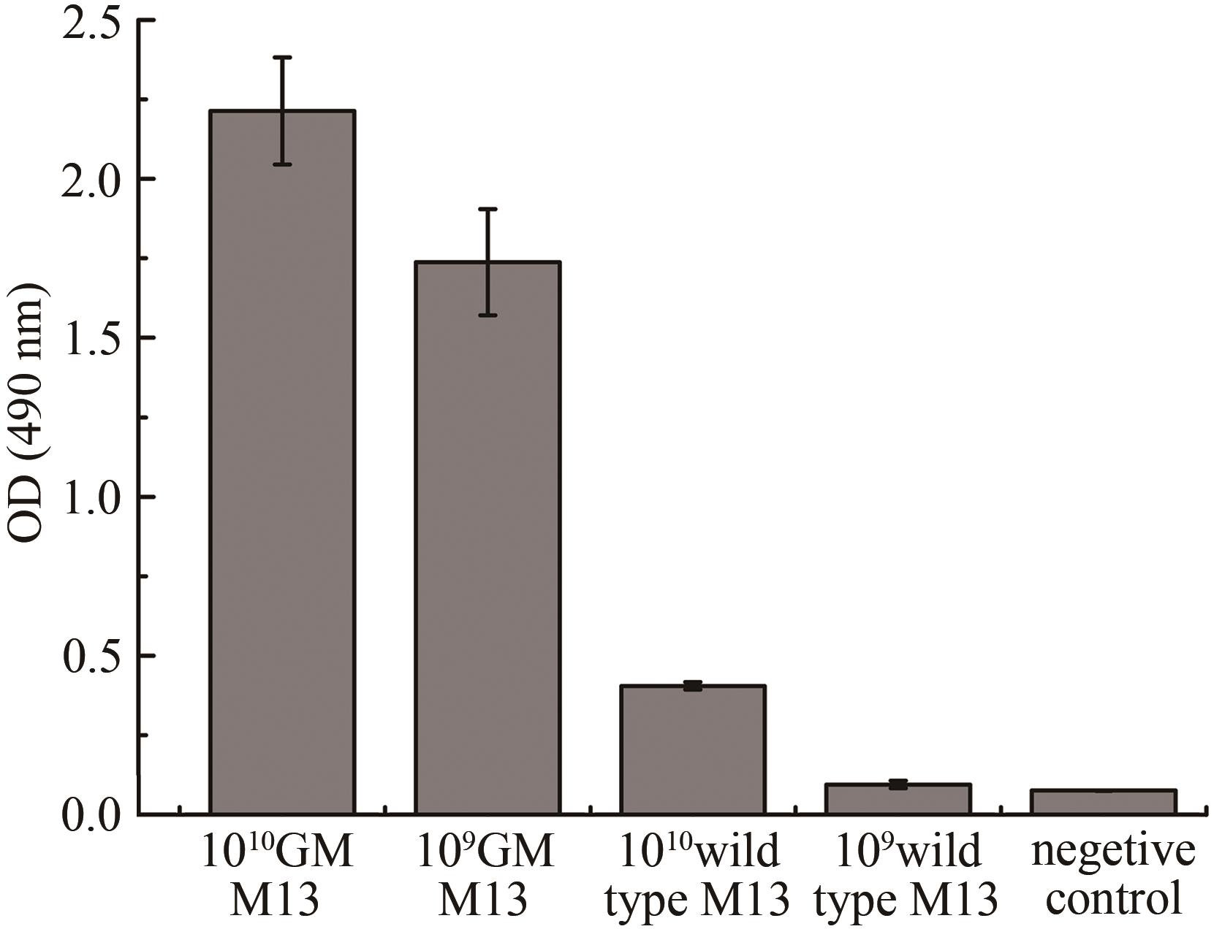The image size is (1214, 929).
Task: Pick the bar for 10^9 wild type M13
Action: (x=898, y=799)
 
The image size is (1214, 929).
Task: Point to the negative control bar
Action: (x=1104, y=802)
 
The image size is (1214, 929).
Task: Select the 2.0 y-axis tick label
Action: (x=91, y=181)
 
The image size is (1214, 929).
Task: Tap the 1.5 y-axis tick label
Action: (x=91, y=340)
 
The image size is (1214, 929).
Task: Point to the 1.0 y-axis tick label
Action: (x=91, y=499)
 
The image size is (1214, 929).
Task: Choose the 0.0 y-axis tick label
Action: (x=91, y=817)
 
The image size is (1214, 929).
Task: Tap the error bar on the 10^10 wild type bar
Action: (x=693, y=686)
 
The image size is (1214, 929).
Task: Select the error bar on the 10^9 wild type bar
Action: (x=898, y=784)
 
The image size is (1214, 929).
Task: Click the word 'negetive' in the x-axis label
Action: (x=1113, y=852)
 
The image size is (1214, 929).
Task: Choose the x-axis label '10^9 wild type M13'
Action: (x=906, y=875)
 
